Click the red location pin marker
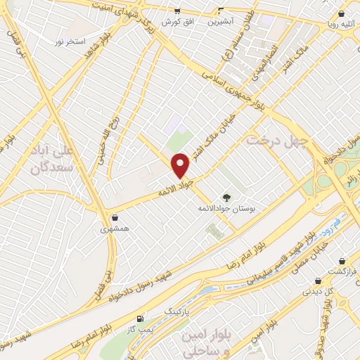(x=181, y=165)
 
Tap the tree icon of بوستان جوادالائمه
(x=226, y=198)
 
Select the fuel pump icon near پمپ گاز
(x=142, y=319)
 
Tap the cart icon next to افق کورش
(x=176, y=11)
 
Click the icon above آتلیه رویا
(x=341, y=13)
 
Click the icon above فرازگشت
(x=342, y=261)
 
